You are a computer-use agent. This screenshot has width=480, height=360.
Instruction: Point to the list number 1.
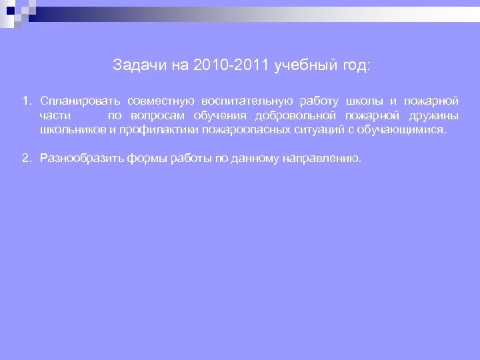point(25,101)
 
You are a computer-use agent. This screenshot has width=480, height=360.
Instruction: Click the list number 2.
point(25,158)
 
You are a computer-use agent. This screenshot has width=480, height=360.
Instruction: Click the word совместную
point(161,101)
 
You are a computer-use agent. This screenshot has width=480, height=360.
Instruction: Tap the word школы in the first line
point(363,101)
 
